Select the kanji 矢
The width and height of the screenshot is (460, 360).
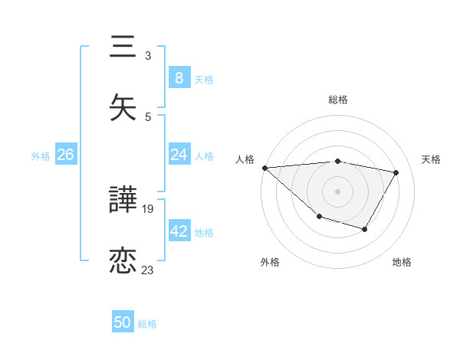(123, 106)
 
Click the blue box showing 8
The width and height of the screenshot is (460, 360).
(179, 77)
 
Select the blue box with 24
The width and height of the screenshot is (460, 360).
(179, 155)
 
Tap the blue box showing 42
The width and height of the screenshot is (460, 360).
(179, 231)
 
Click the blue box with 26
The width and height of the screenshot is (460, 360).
(65, 155)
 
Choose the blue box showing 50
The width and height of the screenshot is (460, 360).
(123, 322)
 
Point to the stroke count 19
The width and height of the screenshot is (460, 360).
(148, 209)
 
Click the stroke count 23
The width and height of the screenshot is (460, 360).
(148, 270)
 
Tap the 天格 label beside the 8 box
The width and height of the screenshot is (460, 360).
(204, 79)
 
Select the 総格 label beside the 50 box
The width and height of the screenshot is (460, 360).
(147, 324)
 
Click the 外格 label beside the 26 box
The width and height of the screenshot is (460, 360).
(41, 156)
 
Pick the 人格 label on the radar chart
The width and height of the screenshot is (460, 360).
(245, 159)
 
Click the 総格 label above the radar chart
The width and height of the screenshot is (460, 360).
(338, 100)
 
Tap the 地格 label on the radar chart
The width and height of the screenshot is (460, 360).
(402, 263)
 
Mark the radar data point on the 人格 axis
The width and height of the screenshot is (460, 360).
(264, 168)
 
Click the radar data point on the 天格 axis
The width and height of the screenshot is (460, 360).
(396, 172)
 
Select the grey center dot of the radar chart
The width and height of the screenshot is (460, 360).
(338, 190)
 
